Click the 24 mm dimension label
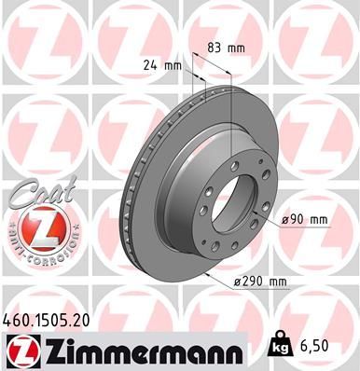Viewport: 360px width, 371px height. coord(161,66)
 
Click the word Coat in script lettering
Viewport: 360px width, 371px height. coord(31,192)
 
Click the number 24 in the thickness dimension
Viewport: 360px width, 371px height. coord(153,66)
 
